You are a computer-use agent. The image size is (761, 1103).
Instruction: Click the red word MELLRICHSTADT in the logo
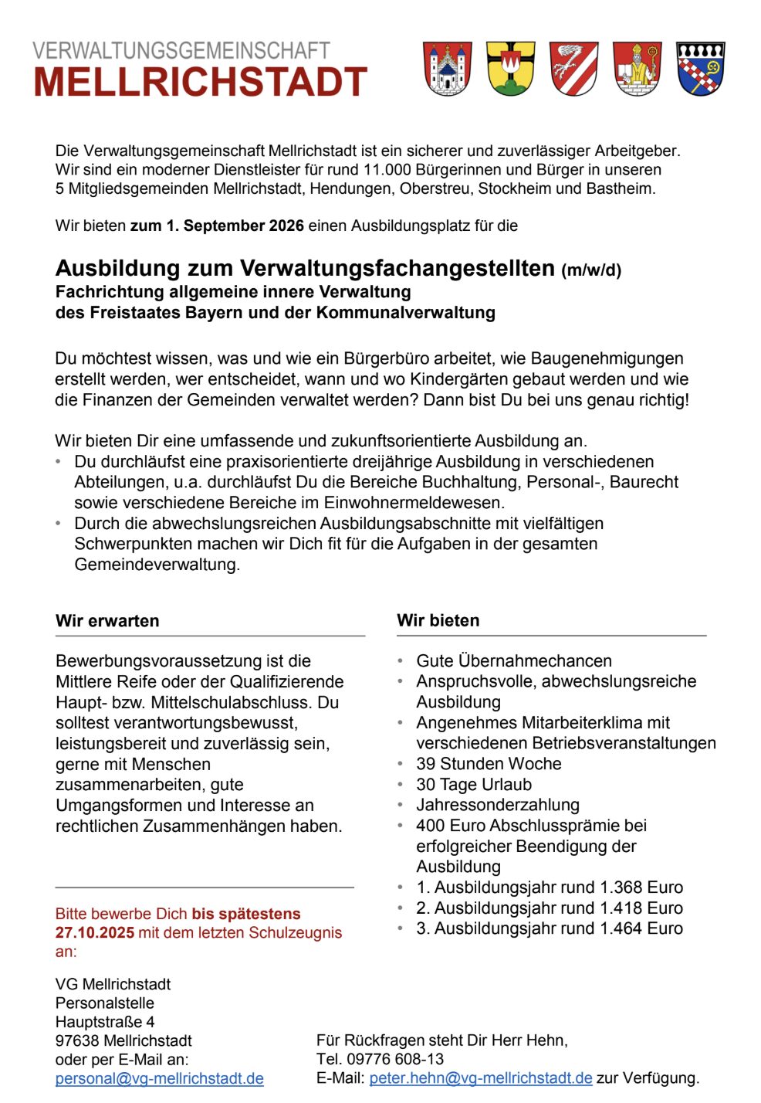pos(200,83)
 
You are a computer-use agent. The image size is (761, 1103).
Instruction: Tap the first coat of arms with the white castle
pos(448,69)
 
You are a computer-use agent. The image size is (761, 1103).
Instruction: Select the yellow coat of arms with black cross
pos(511,69)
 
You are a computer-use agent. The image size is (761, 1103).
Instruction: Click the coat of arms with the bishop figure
pos(638,69)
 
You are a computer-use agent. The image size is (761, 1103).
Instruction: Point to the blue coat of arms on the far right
pos(701,69)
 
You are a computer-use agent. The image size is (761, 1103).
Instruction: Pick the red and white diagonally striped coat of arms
pos(574,69)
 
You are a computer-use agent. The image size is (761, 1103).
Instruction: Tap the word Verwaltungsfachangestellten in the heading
pos(397,268)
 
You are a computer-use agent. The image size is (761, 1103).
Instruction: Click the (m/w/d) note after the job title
pos(591,270)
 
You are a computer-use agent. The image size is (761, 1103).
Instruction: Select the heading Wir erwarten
pos(107,621)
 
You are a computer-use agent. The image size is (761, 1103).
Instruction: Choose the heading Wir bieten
pos(438,620)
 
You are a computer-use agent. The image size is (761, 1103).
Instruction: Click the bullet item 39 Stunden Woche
pos(489,764)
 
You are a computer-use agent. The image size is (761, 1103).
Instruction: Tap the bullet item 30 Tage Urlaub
pos(474,785)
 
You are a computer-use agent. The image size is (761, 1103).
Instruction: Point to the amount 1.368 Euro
pos(644,887)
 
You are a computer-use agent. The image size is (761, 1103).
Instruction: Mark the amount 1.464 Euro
pos(644,928)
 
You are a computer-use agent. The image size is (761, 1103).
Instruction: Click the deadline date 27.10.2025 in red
pos(95,932)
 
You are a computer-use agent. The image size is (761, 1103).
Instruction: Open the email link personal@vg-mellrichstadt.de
pos(160,1078)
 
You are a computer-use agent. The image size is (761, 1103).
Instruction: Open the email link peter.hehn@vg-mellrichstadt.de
pos(481,1078)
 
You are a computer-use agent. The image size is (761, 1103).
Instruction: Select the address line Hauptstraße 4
pos(105,1022)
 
